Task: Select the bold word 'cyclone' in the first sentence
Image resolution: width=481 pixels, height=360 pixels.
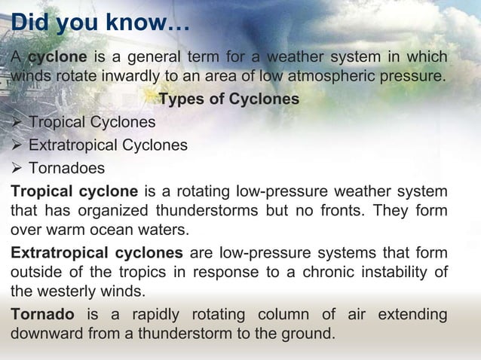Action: pos(54,58)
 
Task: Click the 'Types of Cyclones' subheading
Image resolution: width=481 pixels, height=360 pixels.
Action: pos(228,99)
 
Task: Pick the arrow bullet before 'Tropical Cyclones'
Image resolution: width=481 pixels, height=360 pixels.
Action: pos(17,122)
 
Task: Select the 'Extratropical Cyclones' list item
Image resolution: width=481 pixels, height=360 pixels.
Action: pos(108,145)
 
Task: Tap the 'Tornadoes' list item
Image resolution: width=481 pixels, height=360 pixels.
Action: pos(66,167)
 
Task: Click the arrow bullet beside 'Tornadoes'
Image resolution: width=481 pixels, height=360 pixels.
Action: pos(17,167)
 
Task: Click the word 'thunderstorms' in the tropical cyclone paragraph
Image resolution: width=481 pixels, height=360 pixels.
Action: pos(209,209)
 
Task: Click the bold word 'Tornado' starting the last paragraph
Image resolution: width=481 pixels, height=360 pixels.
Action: pos(42,313)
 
